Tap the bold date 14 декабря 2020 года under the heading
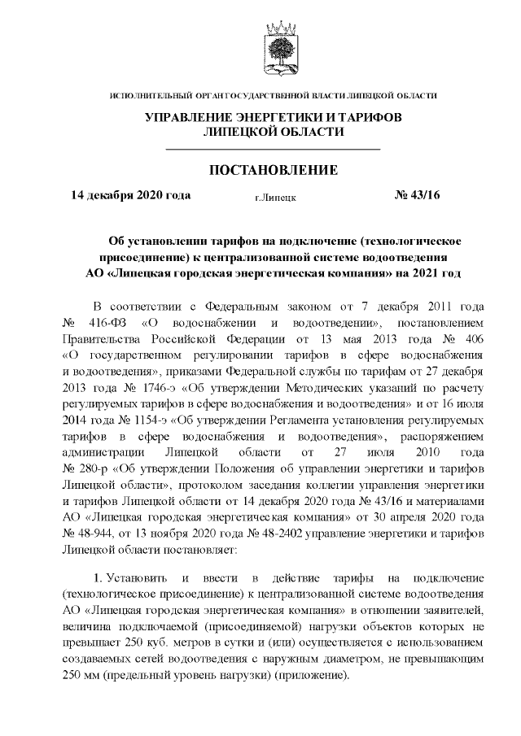pos(131,195)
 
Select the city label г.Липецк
pos(274,197)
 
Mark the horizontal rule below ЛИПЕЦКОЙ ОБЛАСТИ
pos(273,150)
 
